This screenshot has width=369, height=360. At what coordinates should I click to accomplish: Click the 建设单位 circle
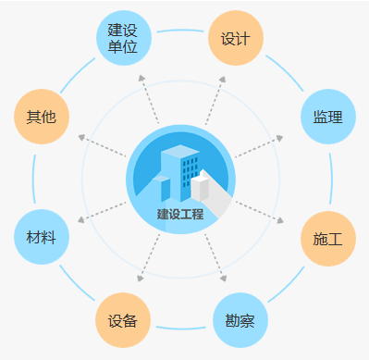[124, 38]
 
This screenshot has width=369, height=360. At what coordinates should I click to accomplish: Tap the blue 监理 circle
[327, 117]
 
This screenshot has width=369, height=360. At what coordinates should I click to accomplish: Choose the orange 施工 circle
[327, 239]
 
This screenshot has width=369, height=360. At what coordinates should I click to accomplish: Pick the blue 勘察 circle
[240, 320]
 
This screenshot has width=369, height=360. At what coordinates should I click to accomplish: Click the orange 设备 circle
[123, 320]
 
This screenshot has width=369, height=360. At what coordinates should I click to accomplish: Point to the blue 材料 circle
[42, 237]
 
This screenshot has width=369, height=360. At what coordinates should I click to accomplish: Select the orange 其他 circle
[42, 117]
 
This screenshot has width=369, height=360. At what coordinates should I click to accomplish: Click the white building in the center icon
[202, 185]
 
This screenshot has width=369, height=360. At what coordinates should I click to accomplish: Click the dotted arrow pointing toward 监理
[259, 147]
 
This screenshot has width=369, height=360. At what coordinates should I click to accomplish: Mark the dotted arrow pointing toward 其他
[102, 147]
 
